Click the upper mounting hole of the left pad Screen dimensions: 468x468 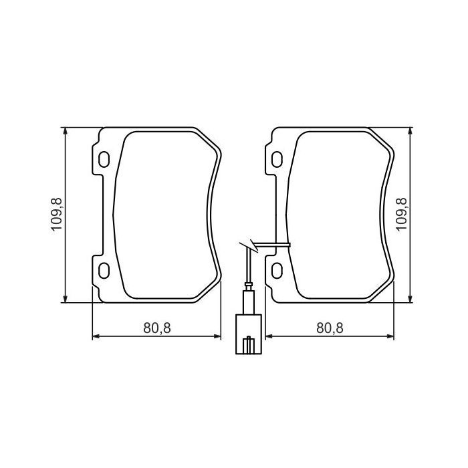tap(104, 160)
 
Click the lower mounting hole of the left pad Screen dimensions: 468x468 tap(104, 269)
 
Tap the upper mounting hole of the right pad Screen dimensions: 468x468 tap(276, 160)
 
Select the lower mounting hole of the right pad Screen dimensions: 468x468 tap(276, 269)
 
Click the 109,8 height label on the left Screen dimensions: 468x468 tap(56, 215)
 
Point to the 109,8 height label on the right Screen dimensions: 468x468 tap(402, 215)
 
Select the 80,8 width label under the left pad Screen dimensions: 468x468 tap(158, 328)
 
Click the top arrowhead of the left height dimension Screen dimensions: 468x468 tap(65, 132)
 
